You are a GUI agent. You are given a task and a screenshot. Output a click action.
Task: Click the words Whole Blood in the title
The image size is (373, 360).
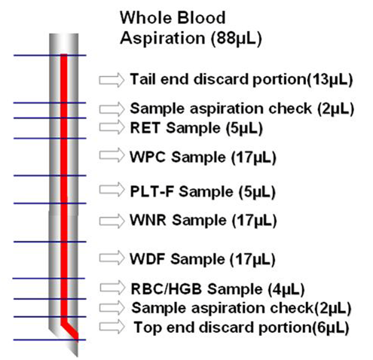click(x=173, y=18)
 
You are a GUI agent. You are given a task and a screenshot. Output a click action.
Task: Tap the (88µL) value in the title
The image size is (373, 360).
click(x=237, y=38)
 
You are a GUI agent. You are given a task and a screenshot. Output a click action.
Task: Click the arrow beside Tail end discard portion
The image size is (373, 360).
click(x=112, y=80)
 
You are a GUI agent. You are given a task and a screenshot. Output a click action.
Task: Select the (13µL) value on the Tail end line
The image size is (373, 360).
click(x=330, y=80)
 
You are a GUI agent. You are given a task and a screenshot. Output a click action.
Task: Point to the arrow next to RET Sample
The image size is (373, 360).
click(x=112, y=127)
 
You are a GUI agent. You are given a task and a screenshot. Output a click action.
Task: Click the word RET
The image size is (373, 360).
click(x=145, y=128)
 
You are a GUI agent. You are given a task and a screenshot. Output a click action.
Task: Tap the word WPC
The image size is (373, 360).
click(x=148, y=157)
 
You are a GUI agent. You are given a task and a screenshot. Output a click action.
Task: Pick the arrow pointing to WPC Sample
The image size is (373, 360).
click(x=112, y=155)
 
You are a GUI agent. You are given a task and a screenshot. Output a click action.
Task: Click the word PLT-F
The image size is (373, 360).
click(x=152, y=192)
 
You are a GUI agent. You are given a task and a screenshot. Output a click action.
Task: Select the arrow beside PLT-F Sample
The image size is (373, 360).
click(x=112, y=190)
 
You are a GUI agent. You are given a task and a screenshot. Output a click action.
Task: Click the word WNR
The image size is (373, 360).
click(x=148, y=220)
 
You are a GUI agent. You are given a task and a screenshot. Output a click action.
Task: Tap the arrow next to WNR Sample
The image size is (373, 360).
click(x=112, y=221)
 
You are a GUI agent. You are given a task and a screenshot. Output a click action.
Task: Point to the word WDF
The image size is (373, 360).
click(x=147, y=259)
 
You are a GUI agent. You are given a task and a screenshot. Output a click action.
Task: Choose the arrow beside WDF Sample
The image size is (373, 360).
click(x=112, y=258)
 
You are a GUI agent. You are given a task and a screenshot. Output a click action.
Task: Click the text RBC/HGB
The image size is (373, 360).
click(x=167, y=289)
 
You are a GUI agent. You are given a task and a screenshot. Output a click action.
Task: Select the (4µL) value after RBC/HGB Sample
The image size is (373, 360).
click(x=286, y=289)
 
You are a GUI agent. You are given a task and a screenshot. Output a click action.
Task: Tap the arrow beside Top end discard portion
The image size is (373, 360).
click(x=112, y=327)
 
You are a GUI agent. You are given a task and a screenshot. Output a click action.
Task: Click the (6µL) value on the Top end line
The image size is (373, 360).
click(x=331, y=328)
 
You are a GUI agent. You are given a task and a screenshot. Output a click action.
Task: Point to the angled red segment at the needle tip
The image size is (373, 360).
click(x=70, y=330)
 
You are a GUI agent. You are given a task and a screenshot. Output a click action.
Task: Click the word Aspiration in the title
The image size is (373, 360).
click(x=163, y=38)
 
